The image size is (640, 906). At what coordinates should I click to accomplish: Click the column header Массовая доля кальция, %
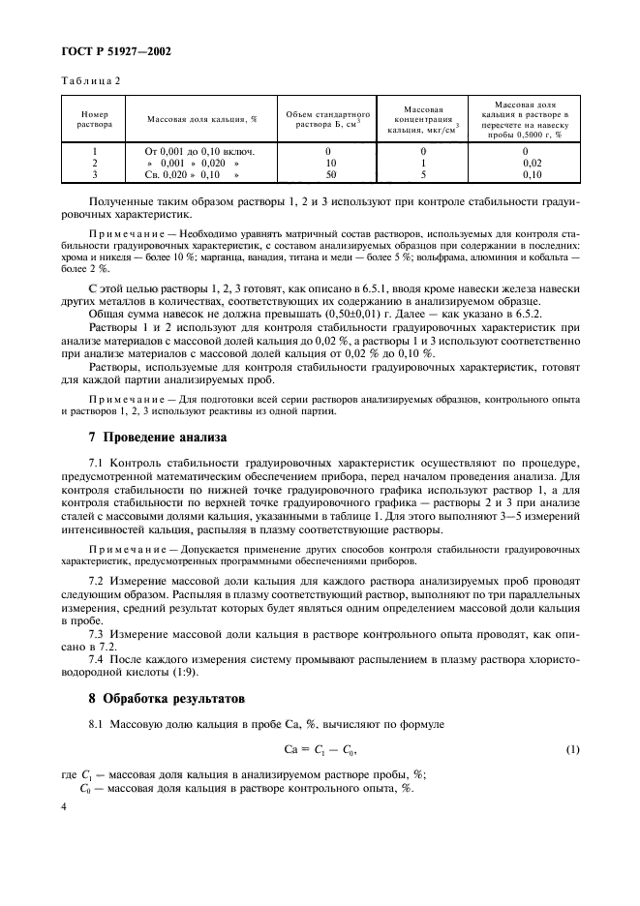coord(201,119)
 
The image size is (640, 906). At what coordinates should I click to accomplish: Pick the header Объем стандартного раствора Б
coord(324,119)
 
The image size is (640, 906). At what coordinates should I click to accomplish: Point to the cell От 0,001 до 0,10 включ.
coord(199,152)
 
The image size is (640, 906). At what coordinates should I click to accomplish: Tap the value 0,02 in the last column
coord(531,164)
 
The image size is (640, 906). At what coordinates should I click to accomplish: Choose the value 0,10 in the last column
coord(531,175)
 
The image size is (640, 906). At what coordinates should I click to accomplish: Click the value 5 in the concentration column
coord(423,175)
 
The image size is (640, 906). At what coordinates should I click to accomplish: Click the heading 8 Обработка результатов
coord(163,698)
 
